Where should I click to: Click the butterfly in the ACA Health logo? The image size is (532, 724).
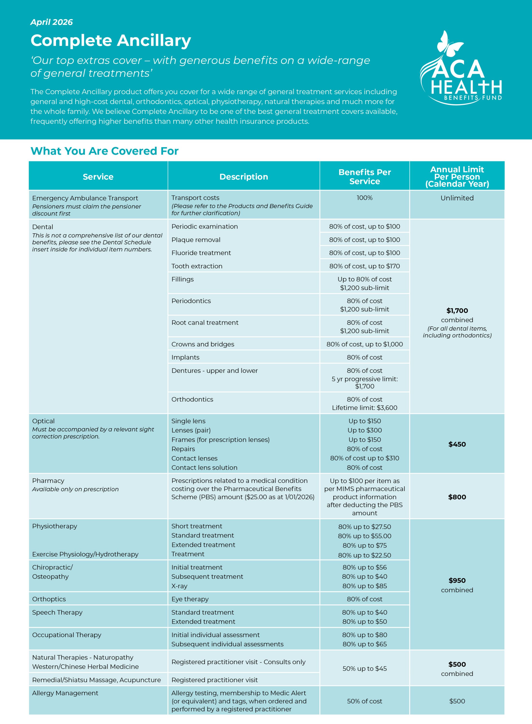449,43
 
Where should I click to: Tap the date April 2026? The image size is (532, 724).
51,22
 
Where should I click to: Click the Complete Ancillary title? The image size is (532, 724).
111,41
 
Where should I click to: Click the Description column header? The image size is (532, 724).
244,177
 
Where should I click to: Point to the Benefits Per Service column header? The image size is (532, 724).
364,177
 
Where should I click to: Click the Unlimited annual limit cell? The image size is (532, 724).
457,198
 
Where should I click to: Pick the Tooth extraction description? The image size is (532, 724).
197,266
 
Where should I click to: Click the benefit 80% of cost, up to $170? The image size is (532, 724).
364,266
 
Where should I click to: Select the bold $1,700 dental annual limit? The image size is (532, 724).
457,311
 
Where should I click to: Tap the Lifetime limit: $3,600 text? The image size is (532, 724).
364,408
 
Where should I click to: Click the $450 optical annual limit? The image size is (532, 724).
457,444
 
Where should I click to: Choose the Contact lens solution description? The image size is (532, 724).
204,467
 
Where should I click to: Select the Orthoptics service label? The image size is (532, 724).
49,599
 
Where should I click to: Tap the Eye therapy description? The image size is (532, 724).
190,599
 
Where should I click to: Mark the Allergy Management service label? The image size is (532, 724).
65,693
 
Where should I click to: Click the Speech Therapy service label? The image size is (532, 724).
57,612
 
